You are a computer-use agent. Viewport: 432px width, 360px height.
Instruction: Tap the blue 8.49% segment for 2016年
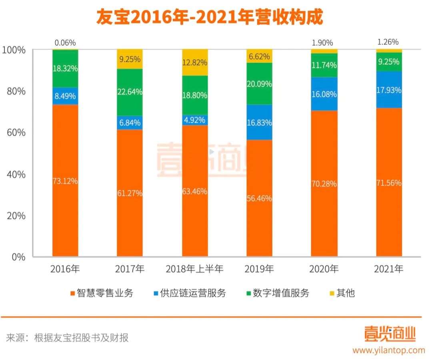[65, 96]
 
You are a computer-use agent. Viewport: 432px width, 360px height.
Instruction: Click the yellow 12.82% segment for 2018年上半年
[195, 62]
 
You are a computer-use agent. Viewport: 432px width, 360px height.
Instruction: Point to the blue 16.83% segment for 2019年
[259, 122]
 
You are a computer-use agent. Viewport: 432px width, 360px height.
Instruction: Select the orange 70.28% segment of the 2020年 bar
[324, 183]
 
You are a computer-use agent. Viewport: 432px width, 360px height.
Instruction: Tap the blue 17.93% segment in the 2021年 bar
[389, 90]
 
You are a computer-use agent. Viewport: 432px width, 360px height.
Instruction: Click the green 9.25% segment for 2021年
[389, 62]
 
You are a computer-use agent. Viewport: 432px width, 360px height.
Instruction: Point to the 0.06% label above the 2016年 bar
[65, 43]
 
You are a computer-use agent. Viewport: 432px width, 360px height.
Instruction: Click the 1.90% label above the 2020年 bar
[324, 43]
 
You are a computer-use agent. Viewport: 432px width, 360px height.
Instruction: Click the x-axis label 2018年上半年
[194, 269]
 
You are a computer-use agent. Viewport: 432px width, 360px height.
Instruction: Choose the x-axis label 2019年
[259, 269]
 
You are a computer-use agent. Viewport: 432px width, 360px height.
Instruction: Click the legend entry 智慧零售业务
[102, 293]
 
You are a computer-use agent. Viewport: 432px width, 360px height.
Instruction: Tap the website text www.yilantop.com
[388, 350]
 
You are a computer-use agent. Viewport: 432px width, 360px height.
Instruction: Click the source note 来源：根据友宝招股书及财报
[67, 338]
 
